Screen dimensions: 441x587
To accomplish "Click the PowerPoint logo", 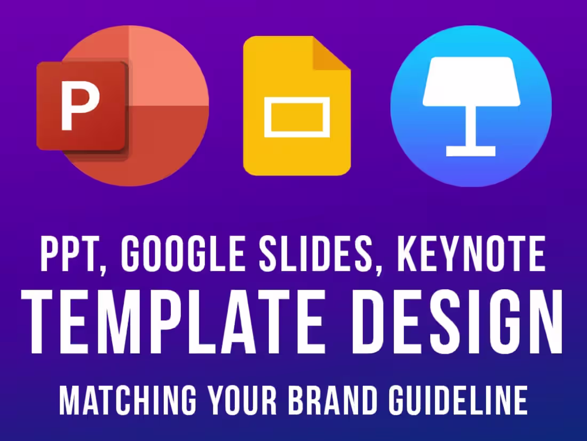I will click(x=123, y=105).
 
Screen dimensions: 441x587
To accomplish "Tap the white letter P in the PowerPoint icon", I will click(x=80, y=105).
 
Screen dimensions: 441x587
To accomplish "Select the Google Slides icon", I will click(x=297, y=106).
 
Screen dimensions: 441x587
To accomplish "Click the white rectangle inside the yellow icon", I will click(x=297, y=117).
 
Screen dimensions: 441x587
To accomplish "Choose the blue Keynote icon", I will click(x=471, y=106).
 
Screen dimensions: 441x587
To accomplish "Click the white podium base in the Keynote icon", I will click(x=471, y=151).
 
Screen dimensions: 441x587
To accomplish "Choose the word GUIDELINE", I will click(x=461, y=399).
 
